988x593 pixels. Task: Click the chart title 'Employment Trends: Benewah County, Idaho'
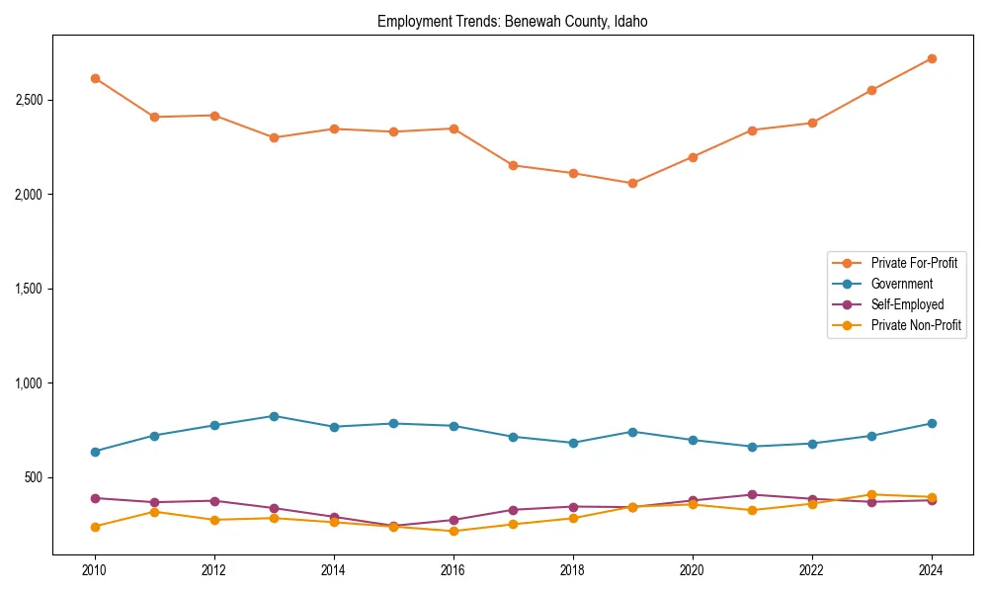(512, 21)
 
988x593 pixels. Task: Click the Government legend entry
(901, 284)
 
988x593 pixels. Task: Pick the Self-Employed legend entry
(907, 304)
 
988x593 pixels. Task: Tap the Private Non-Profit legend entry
(916, 325)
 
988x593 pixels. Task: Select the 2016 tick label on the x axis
(453, 570)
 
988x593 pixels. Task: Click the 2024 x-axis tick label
(931, 570)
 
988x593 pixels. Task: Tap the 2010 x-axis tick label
(95, 570)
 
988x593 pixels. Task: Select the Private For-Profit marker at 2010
(95, 78)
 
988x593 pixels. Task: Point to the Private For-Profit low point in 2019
(632, 183)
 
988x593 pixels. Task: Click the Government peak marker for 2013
(274, 416)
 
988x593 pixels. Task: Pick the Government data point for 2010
(95, 452)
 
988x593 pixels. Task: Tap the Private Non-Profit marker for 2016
(453, 531)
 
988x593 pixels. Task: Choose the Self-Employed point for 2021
(752, 494)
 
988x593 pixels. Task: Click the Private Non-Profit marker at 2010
(95, 527)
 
